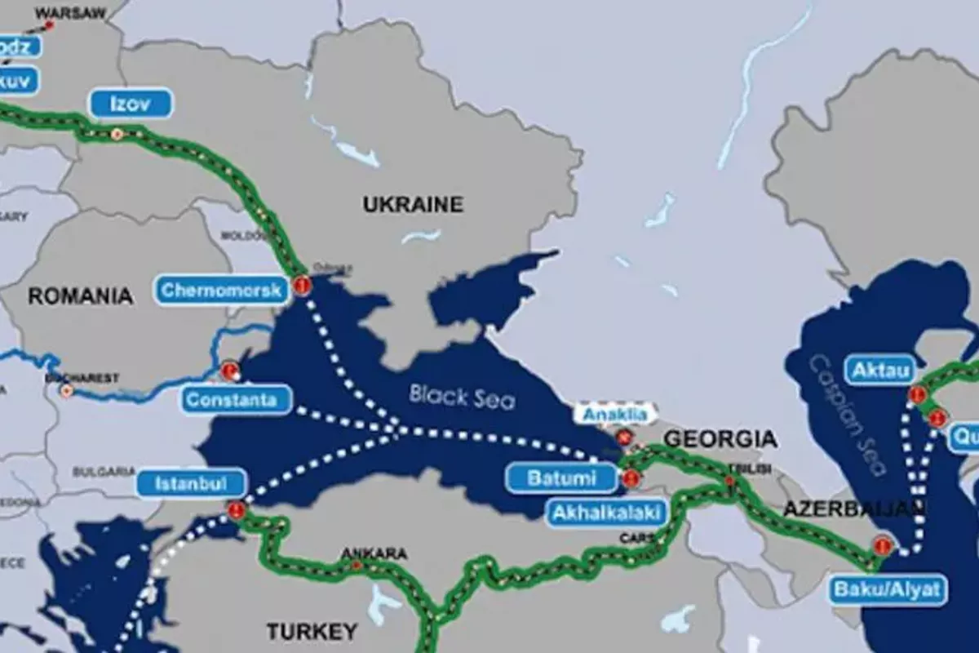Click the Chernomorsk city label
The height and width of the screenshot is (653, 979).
(220, 290)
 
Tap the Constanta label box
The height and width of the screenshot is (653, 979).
(237, 400)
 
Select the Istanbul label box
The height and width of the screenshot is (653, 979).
(190, 483)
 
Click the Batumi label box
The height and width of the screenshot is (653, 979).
(561, 478)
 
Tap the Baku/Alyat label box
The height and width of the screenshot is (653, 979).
(888, 589)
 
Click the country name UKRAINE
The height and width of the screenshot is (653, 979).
(413, 204)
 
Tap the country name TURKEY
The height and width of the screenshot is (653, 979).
(312, 631)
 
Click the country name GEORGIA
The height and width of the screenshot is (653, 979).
(720, 439)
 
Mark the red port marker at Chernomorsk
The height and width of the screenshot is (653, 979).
(303, 286)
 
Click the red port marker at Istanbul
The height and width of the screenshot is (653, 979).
(237, 510)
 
